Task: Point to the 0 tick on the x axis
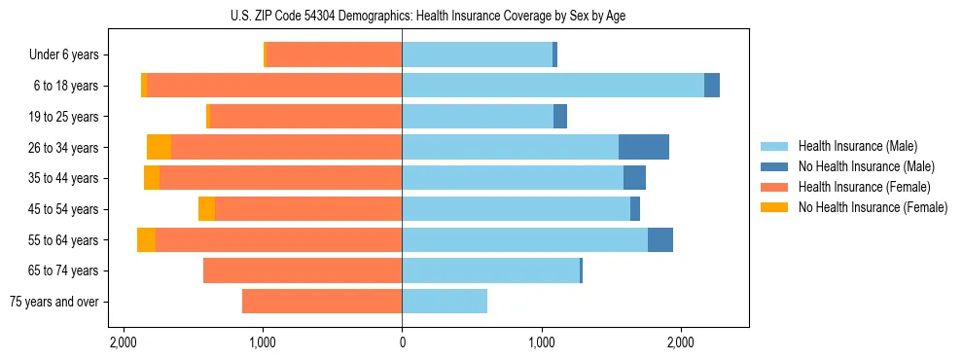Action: [x=402, y=343]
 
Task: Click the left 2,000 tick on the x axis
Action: [x=124, y=343]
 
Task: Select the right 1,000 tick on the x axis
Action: [x=541, y=343]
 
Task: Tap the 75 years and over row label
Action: [x=54, y=302]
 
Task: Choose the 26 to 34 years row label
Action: [x=65, y=148]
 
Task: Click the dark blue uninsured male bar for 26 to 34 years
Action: [x=643, y=147]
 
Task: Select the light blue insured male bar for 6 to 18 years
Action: [x=553, y=86]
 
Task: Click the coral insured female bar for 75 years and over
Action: [x=322, y=302]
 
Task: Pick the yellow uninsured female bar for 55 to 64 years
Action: [x=146, y=239]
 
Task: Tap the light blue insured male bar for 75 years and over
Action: [x=445, y=302]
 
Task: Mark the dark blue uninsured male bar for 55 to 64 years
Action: [x=660, y=239]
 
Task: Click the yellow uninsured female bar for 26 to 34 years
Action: [x=159, y=147]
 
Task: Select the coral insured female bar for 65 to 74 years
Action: [x=303, y=270]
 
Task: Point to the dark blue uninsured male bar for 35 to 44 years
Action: [x=634, y=178]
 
